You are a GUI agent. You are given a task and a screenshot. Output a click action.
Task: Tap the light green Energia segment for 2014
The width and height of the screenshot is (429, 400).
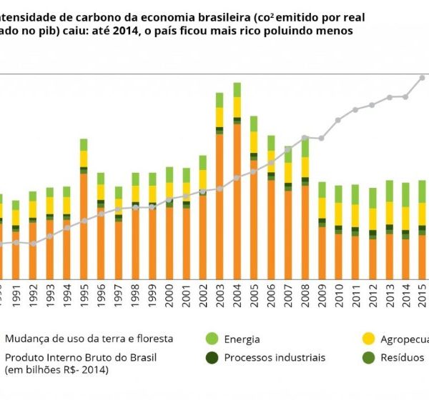click(405, 194)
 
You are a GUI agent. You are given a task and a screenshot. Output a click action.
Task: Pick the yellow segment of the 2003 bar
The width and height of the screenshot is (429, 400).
click(220, 117)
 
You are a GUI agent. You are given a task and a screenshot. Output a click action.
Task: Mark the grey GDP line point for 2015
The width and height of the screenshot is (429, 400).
click(422, 78)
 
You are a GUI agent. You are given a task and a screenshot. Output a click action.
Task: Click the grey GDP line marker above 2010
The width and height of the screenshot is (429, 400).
click(337, 120)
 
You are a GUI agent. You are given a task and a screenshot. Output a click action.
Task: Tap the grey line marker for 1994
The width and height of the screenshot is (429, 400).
click(66, 228)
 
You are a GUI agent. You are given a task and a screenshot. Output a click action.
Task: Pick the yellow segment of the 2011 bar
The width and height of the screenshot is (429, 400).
click(355, 215)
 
